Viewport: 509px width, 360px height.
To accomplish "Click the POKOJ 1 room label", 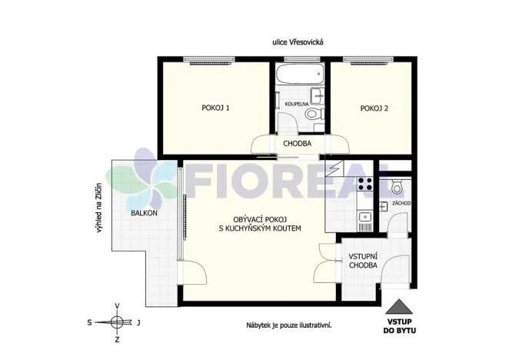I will (216, 108).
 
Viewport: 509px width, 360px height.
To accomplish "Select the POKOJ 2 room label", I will (374, 108).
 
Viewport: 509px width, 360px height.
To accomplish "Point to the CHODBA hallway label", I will (297, 143).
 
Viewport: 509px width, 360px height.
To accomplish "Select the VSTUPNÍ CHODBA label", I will (363, 260).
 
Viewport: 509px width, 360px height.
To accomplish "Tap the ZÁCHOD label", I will (401, 204).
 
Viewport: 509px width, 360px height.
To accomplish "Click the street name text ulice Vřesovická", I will (297, 43).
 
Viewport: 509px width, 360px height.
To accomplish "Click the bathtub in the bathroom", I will (297, 77).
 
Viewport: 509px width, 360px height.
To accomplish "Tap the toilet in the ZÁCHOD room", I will (397, 185).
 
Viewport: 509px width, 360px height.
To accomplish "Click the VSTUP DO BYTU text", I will (399, 326).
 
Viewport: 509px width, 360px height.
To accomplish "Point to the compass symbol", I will (116, 322).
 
